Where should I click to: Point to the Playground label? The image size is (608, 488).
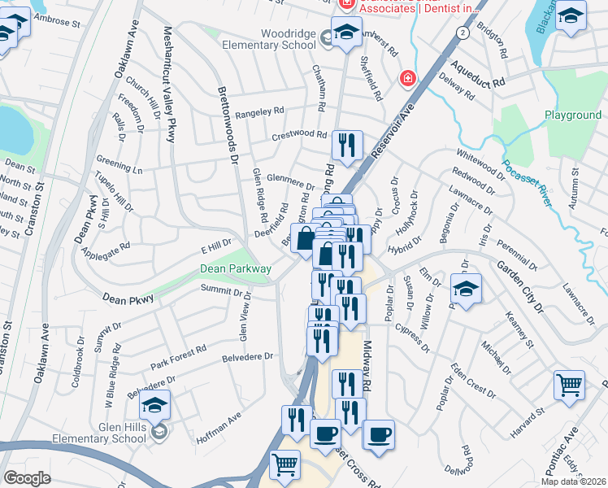click(572, 115)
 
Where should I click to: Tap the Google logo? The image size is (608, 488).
click(27, 478)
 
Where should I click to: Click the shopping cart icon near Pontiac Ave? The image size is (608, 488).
click(569, 386)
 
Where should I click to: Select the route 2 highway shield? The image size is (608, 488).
click(462, 32)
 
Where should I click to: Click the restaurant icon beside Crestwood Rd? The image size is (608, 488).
click(347, 146)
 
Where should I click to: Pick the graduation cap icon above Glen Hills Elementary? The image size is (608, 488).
click(154, 405)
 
